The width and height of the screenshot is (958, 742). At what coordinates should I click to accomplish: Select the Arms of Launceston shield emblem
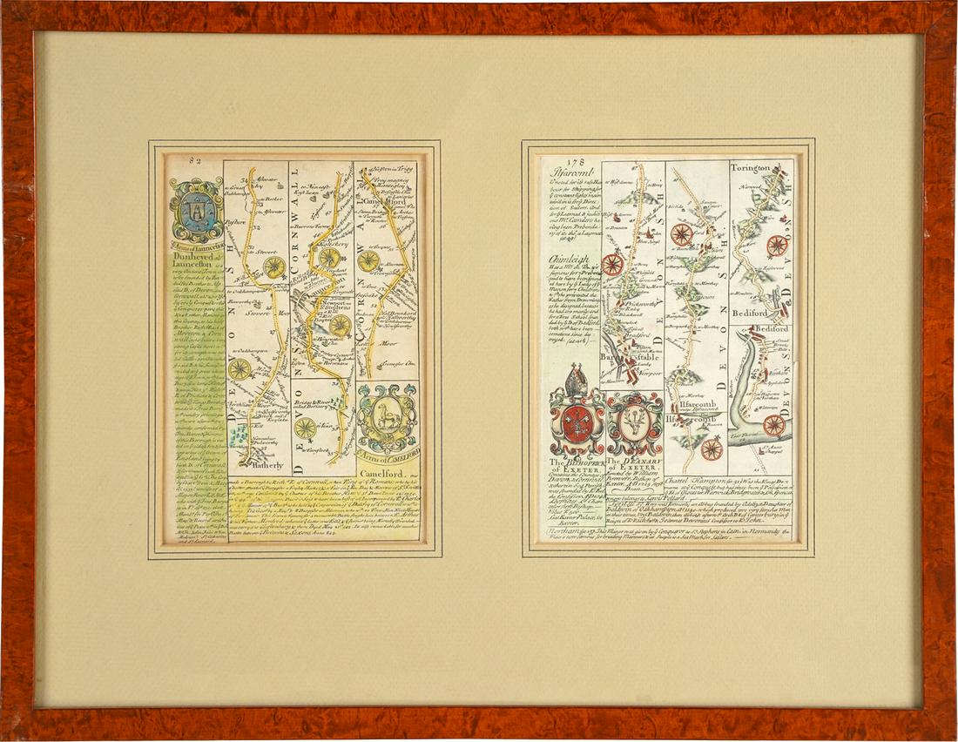tap(197, 210)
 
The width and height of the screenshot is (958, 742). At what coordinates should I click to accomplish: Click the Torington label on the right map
tap(751, 167)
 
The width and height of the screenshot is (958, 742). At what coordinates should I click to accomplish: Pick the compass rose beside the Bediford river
tap(773, 425)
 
